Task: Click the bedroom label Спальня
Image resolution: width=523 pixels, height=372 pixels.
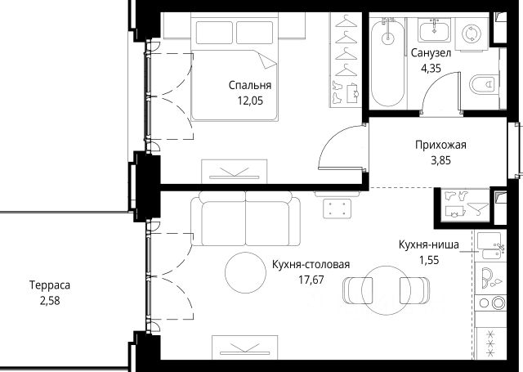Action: click(x=250, y=85)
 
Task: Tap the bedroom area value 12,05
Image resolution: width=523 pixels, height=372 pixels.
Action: click(x=250, y=101)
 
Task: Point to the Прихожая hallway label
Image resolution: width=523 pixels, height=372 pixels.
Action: click(x=440, y=145)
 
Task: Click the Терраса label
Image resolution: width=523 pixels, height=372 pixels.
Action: click(x=50, y=285)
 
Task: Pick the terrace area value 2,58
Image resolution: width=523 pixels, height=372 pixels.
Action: click(x=50, y=301)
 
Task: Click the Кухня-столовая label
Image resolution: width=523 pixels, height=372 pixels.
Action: click(x=311, y=265)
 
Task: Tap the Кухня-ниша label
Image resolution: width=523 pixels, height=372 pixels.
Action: click(x=428, y=244)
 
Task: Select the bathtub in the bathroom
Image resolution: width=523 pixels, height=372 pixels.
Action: click(x=387, y=62)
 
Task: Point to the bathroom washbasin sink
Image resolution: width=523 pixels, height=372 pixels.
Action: click(x=434, y=31)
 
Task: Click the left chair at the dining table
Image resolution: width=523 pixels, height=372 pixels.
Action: click(x=354, y=290)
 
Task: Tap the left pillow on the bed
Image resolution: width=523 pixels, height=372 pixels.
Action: click(x=214, y=33)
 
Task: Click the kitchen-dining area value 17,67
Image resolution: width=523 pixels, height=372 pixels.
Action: click(x=311, y=280)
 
